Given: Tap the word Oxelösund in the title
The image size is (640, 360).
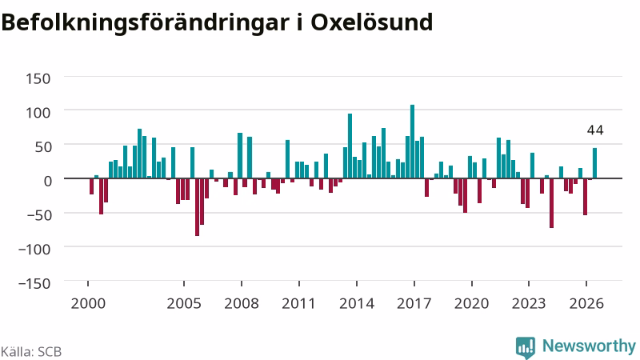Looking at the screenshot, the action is point(371,22).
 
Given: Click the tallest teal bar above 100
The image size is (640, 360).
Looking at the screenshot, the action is point(412,142).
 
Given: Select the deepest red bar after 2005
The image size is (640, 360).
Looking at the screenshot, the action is point(197,207).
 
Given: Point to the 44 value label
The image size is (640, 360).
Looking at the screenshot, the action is point(595,130).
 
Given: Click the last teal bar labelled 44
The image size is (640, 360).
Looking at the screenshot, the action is point(594,163).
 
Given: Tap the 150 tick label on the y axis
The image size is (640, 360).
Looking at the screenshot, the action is point(38,78).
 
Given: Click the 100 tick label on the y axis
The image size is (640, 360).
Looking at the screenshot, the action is point(38,112).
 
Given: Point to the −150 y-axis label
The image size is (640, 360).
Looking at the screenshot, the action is point(34,283).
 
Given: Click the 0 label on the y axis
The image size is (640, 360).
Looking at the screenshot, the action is point(47,181).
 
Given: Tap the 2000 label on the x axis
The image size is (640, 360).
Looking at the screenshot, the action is point(88,304).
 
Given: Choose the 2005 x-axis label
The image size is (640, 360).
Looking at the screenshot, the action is point(184,304).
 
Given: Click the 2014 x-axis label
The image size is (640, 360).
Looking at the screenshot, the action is point(357,304).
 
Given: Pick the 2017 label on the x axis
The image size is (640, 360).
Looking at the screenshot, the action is point(414,304).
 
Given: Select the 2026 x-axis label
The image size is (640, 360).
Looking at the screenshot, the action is point(586,304).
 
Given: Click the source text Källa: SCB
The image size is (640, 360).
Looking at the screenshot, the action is point(31,351).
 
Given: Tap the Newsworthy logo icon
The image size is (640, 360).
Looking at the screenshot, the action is point(526,348).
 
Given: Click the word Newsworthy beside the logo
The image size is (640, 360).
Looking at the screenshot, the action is point(589,346).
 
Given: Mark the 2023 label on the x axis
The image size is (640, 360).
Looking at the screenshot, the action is point(529,304).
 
